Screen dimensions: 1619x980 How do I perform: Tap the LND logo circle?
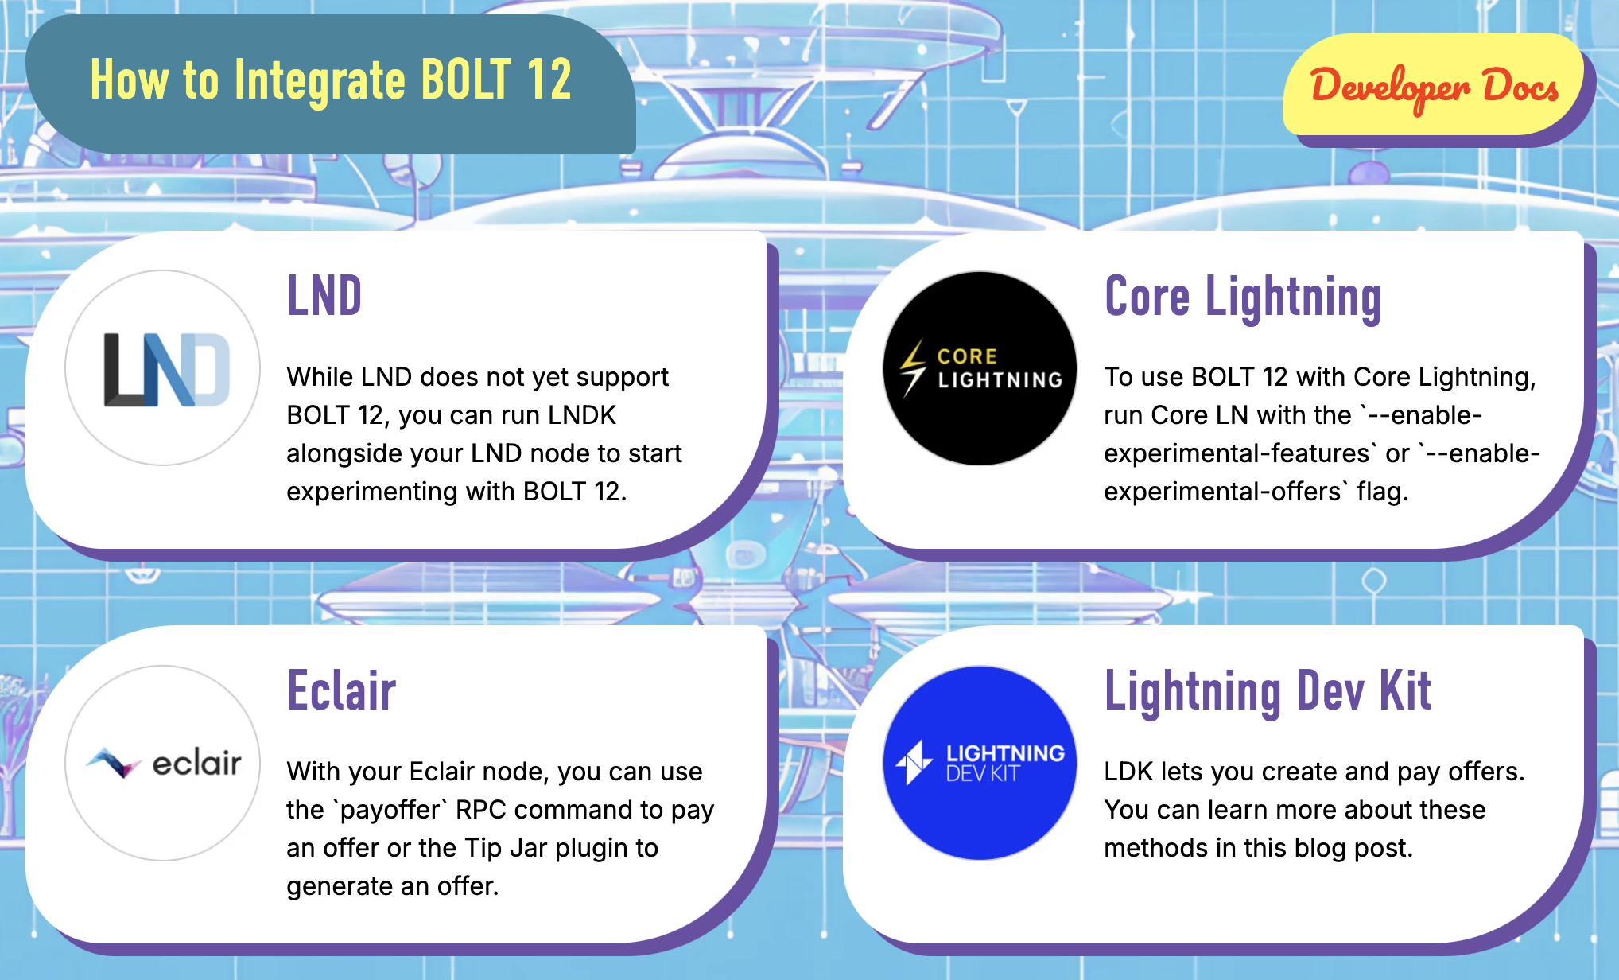163,367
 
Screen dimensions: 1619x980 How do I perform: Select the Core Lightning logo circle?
980,368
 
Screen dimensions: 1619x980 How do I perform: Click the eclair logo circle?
163,763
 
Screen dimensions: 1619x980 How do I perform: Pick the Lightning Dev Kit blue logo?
980,763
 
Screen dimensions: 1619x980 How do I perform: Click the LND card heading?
324,296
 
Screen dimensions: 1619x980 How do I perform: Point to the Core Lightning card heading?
1243,297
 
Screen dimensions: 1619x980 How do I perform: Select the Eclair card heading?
341,690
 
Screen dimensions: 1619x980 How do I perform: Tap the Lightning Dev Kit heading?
1268,691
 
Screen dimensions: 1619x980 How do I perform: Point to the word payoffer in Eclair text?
390,810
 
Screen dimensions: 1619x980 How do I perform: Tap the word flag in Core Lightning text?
1382,492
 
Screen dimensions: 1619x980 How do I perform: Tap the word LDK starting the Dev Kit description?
1128,772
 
